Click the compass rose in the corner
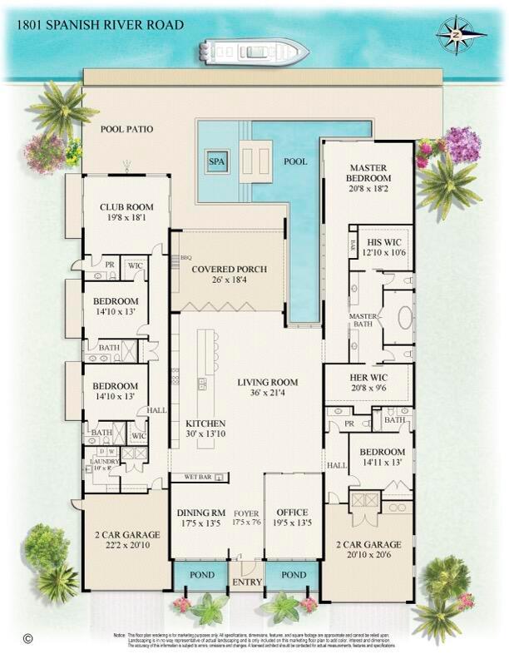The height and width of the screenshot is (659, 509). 462,34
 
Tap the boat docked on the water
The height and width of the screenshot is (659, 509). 253,52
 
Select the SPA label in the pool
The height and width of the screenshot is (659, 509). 217,161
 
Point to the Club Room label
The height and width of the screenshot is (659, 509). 123,207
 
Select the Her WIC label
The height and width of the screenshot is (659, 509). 368,377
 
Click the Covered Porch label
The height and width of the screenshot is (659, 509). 229,270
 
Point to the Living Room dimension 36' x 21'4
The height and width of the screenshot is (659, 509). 268,394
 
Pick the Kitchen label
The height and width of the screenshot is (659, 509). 205,424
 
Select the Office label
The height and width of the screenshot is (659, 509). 292,513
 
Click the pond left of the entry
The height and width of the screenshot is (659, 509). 200,575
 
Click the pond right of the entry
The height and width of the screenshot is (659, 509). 293,575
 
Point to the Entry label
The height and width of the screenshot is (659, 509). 246,583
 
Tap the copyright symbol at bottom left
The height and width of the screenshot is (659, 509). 27,640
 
